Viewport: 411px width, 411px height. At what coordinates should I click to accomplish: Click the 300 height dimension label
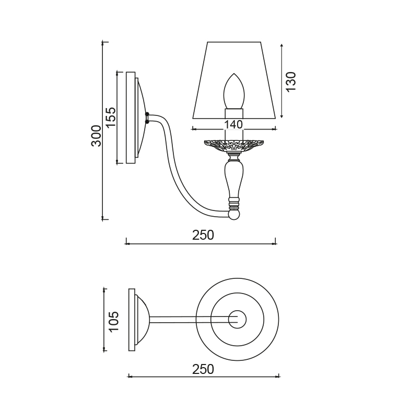point(96,136)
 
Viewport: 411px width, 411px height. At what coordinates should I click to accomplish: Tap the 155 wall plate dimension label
point(111,117)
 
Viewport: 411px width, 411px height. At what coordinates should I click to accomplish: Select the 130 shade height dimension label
point(291,81)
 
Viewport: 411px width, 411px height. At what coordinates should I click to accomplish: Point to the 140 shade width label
point(233,124)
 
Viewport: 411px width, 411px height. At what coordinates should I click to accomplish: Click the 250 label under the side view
point(203,235)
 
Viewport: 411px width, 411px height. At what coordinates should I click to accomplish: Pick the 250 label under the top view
point(203,369)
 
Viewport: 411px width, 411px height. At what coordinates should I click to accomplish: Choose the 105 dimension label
point(114,322)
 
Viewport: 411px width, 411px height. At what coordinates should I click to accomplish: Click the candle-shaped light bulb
point(233,91)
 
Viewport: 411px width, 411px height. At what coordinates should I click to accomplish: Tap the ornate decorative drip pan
point(234,145)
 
